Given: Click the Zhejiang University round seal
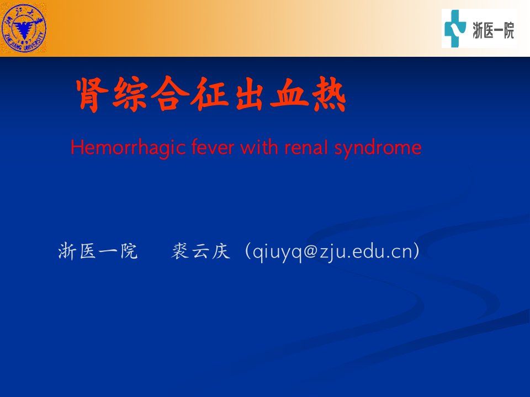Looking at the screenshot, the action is click(x=24, y=28).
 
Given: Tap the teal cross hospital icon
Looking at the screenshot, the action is click(x=455, y=28).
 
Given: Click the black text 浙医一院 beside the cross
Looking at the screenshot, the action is click(x=493, y=30).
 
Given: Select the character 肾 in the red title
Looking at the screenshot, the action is click(x=92, y=94).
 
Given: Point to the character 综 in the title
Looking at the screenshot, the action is click(x=130, y=94).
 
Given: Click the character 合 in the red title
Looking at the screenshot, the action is click(x=170, y=94).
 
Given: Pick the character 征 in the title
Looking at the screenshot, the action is click(x=210, y=94).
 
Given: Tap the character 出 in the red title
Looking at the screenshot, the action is click(x=250, y=94).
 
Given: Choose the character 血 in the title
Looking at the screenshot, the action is click(x=289, y=95).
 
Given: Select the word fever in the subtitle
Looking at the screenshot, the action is click(x=213, y=147).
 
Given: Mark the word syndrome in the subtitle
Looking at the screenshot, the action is click(x=378, y=148).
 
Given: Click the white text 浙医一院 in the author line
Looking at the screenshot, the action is click(x=98, y=251).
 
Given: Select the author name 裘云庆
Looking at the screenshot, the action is click(x=201, y=251).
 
